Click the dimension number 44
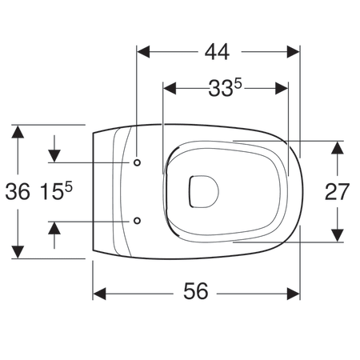pos(217,52)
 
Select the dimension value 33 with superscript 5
pos(225,88)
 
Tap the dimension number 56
pos(195,291)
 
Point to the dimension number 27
pos(337,192)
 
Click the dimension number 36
pos(18,191)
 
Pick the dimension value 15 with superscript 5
pos(56,190)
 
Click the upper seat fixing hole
pos(137,162)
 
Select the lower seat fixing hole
pos(137,221)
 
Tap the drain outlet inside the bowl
pos(204,191)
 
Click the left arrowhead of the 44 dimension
pos(143,52)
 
